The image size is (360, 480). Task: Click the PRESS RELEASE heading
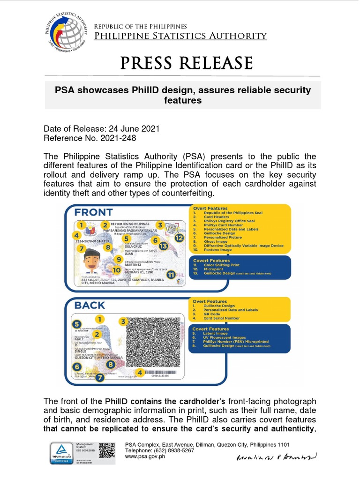(x=187, y=63)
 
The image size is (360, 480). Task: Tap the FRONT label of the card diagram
(x=94, y=212)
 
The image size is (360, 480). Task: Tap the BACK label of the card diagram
(x=90, y=305)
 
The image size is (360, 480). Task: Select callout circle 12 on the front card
(x=179, y=238)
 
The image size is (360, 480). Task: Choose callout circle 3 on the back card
(x=123, y=322)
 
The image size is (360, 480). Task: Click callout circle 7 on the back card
(x=99, y=377)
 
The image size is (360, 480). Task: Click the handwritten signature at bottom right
(x=277, y=456)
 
